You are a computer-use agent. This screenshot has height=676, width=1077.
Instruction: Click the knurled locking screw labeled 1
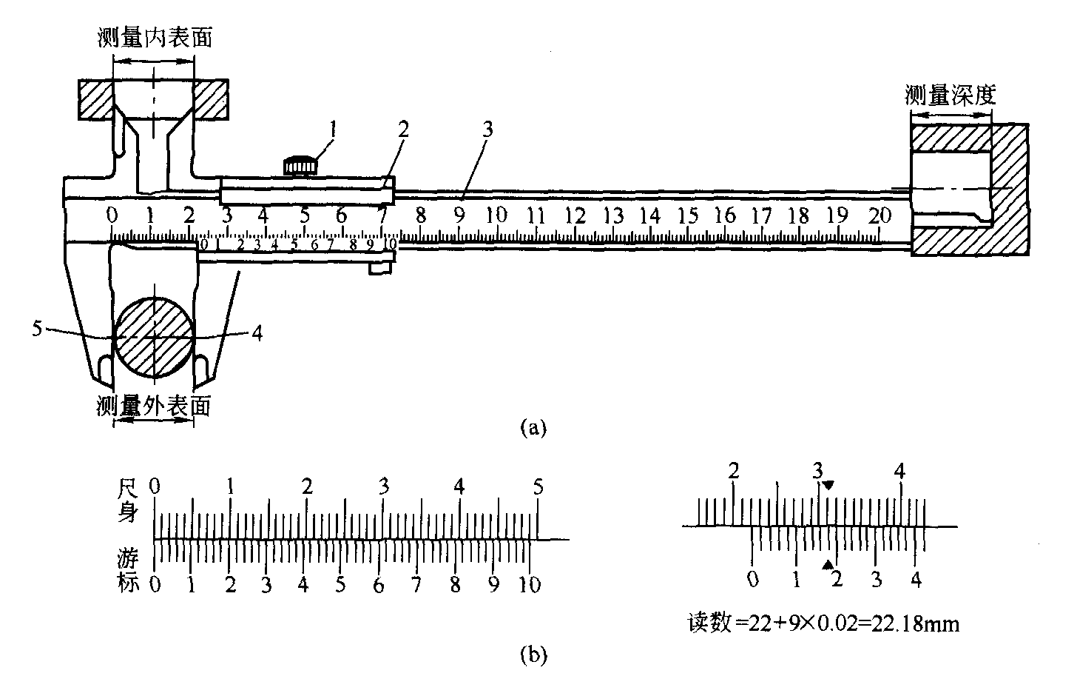pos(301,167)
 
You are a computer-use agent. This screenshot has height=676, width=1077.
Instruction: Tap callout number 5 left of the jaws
pos(37,326)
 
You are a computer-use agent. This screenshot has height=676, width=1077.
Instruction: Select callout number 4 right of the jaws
pos(257,333)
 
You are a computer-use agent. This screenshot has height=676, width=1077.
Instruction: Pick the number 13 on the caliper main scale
pos(612,215)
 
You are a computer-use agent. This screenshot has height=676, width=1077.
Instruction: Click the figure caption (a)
pos(533,427)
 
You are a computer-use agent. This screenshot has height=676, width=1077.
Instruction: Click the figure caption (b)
pos(533,654)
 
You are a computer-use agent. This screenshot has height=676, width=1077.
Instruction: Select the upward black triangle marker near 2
pos(826,565)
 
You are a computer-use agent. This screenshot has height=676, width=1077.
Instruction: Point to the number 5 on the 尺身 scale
pos(538,487)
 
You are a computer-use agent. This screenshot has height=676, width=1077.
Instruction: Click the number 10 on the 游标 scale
pos(530,584)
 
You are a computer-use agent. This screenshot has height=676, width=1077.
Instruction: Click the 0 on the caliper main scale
pos(112,215)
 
